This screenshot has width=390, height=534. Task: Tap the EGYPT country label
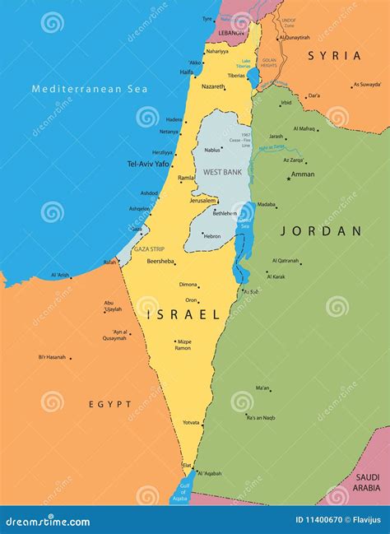click(x=110, y=404)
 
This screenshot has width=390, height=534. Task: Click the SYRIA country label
click(x=335, y=55)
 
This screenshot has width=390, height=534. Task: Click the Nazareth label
click(x=213, y=86)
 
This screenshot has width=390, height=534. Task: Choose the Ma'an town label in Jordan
click(x=262, y=388)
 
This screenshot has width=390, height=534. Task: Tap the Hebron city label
click(x=212, y=236)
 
